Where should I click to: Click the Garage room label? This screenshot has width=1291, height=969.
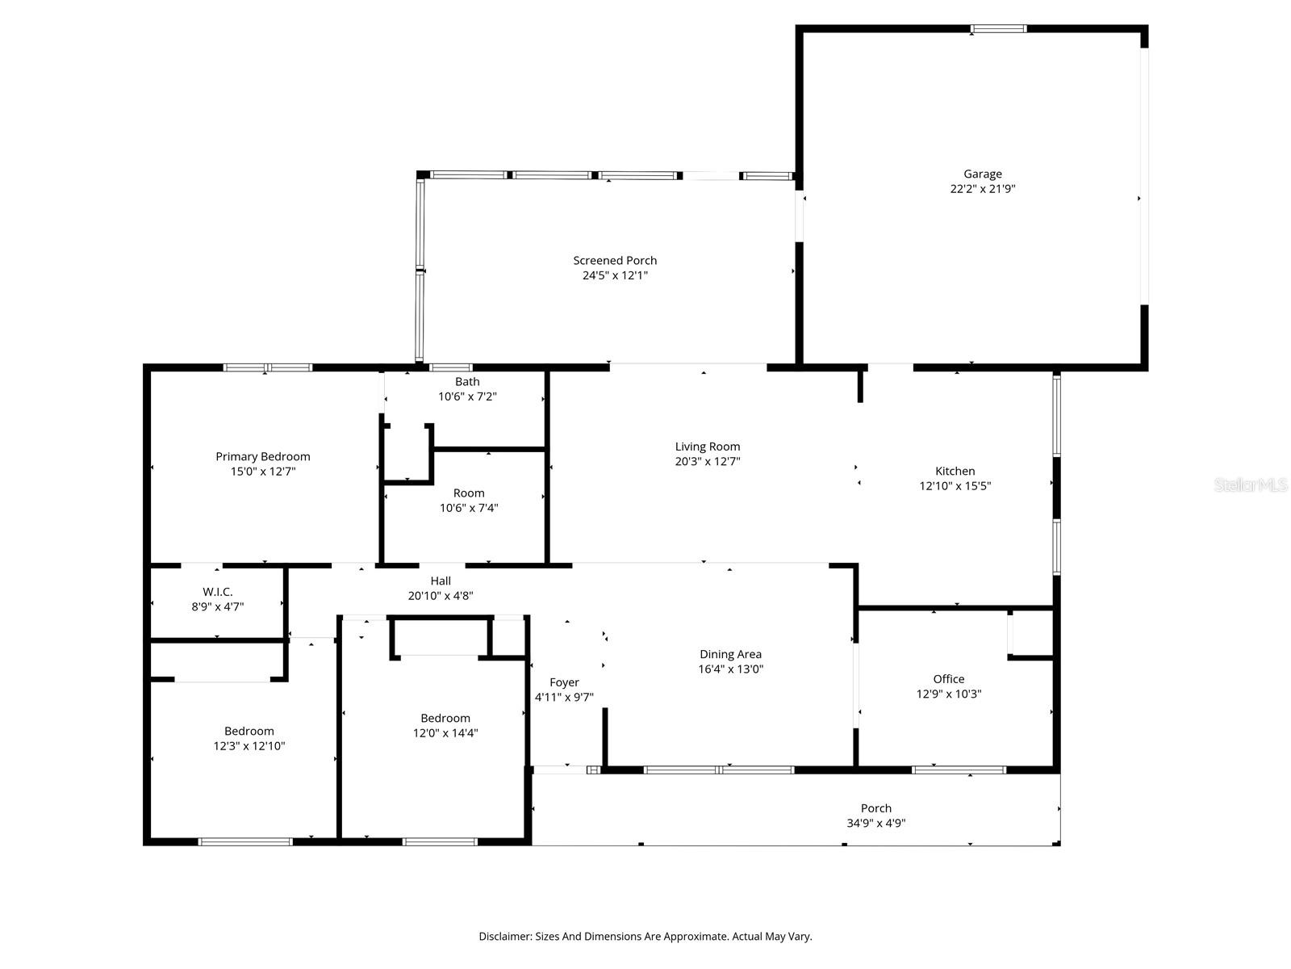982,174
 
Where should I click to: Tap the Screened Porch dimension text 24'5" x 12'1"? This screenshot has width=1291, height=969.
615,275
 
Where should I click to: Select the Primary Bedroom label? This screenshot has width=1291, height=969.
262,456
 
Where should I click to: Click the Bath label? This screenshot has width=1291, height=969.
467,381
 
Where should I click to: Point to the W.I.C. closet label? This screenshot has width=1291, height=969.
217,591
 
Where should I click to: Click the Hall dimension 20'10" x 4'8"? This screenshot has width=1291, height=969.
440,596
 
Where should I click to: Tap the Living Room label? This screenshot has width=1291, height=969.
707,447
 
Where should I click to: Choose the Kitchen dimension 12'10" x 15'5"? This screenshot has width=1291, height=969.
955,486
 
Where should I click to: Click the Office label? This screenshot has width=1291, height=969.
948,679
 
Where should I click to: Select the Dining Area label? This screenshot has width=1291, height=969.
730,654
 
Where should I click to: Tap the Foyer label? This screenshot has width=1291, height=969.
564,682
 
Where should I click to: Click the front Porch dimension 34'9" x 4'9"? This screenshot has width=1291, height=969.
875,824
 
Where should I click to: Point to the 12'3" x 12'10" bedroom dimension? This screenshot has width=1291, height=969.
249,746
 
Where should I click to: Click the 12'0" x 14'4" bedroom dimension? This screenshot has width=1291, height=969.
445,733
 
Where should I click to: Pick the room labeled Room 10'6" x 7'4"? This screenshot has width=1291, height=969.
468,493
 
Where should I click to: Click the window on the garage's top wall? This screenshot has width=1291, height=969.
998,29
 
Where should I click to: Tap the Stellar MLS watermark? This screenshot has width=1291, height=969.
1251,485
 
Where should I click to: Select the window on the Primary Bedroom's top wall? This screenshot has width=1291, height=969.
267,367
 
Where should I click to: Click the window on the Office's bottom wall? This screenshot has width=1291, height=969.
959,770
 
